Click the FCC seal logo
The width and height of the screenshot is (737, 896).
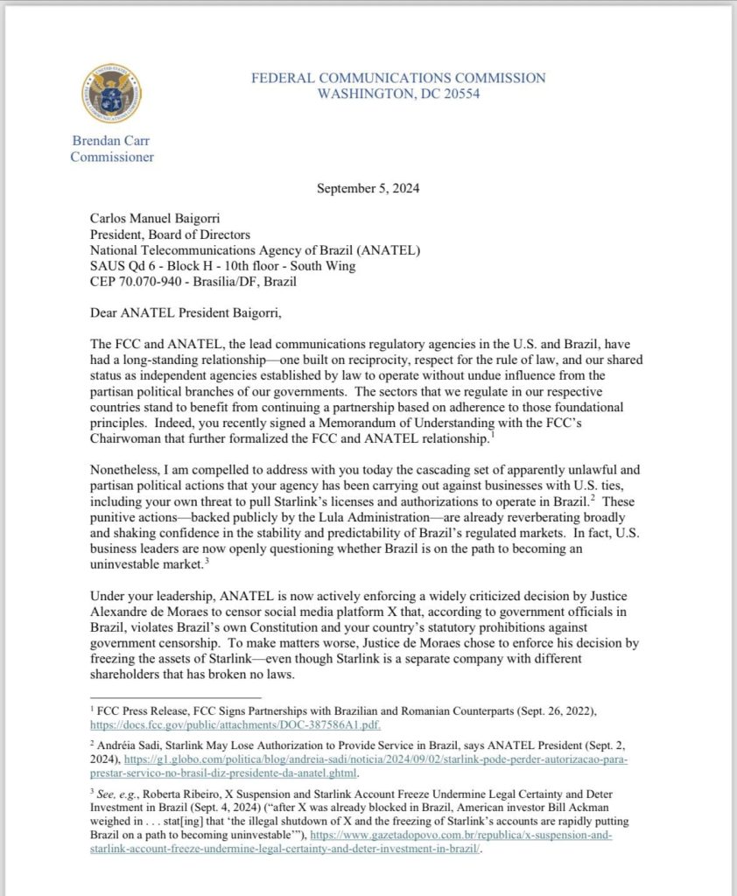111,93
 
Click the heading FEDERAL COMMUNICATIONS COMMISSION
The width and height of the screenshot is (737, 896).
398,78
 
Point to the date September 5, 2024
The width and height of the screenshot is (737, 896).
369,188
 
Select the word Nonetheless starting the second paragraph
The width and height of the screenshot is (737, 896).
126,466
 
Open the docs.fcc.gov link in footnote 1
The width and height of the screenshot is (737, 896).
235,725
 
